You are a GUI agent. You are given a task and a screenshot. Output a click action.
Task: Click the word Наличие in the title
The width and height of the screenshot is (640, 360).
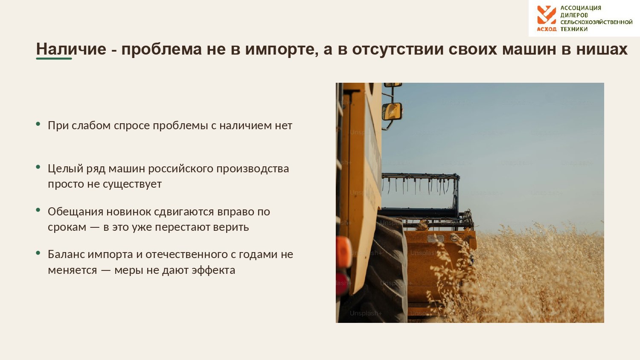pos(71,49)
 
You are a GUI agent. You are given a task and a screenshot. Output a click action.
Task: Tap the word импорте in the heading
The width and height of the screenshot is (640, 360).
pos(282,49)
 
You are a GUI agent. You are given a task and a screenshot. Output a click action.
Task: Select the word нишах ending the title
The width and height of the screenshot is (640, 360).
pos(602,49)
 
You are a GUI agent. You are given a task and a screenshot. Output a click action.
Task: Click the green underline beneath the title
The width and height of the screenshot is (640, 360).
pos(54,58)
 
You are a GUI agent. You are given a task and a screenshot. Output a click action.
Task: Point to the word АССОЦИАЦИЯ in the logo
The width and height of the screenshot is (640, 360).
pos(581,8)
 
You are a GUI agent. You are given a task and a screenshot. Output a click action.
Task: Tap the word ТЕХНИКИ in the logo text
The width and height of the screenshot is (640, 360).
pos(574,29)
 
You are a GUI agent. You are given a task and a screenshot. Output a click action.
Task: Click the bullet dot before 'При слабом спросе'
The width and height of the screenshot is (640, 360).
pos(38,124)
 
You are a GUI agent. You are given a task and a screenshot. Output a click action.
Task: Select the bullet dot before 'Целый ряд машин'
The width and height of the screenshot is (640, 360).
pos(38,167)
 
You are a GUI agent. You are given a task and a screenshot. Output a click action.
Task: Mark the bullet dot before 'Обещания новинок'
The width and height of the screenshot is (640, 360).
pos(38,210)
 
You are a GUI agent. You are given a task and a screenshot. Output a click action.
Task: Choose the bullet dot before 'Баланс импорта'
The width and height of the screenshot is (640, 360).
pos(38,253)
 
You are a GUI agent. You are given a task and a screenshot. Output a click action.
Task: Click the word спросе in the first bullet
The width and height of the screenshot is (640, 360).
pos(132,126)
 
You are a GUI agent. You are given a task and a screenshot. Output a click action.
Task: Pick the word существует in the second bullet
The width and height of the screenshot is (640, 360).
pos(132,184)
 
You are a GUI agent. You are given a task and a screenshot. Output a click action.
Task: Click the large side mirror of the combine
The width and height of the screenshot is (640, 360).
pos(392,111)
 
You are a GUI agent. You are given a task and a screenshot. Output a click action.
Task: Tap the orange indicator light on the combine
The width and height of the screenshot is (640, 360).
pos(343,252)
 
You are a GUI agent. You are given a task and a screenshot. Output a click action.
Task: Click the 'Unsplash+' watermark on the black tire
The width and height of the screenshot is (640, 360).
pos(365,314)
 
